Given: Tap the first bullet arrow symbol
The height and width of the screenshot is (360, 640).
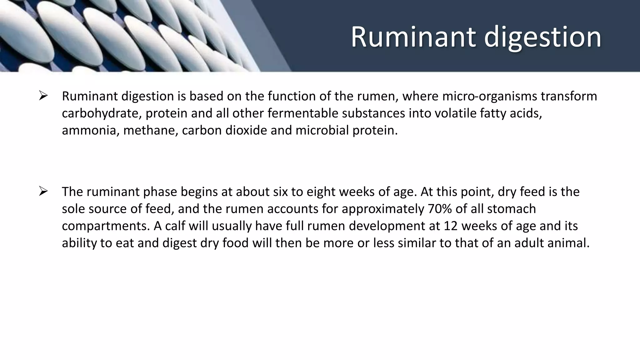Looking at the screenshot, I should [x=43, y=95].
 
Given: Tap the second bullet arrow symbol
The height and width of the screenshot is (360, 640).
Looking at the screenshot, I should [x=43, y=191].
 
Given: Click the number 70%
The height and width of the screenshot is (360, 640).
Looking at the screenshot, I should [x=440, y=209].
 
